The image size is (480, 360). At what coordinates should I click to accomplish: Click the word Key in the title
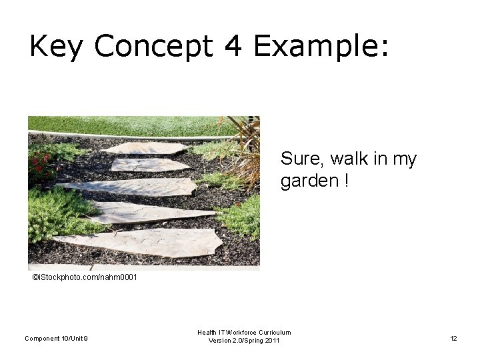(x=57, y=47)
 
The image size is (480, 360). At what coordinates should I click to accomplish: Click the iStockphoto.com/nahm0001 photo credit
(x=85, y=277)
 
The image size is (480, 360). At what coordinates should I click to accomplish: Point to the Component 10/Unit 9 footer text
(x=56, y=339)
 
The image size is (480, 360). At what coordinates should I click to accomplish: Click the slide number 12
(x=453, y=339)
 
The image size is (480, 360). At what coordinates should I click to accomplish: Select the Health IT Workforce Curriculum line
(x=244, y=332)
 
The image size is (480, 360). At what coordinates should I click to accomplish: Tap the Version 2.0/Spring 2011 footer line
(x=244, y=341)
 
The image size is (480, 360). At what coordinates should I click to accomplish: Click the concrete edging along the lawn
(x=133, y=136)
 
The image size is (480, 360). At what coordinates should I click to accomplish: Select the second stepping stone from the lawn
(x=151, y=164)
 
